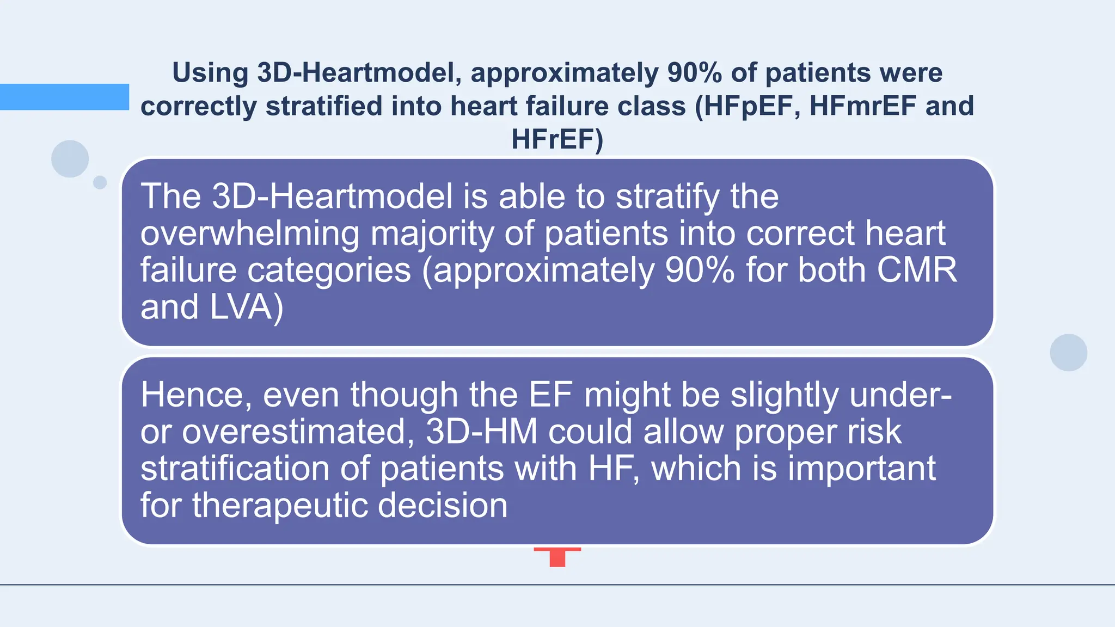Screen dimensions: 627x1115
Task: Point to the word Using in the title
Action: (x=210, y=73)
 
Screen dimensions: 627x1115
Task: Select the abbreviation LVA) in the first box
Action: (x=246, y=307)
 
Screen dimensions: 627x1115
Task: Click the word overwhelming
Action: (x=250, y=234)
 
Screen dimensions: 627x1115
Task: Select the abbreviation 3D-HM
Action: (x=481, y=432)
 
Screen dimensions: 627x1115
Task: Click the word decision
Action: (x=443, y=506)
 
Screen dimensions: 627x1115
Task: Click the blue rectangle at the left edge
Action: (x=64, y=97)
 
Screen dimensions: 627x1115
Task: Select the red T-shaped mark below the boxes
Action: (x=557, y=556)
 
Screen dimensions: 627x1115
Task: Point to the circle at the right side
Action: (x=1068, y=353)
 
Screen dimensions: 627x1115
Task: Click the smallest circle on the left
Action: (x=100, y=182)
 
